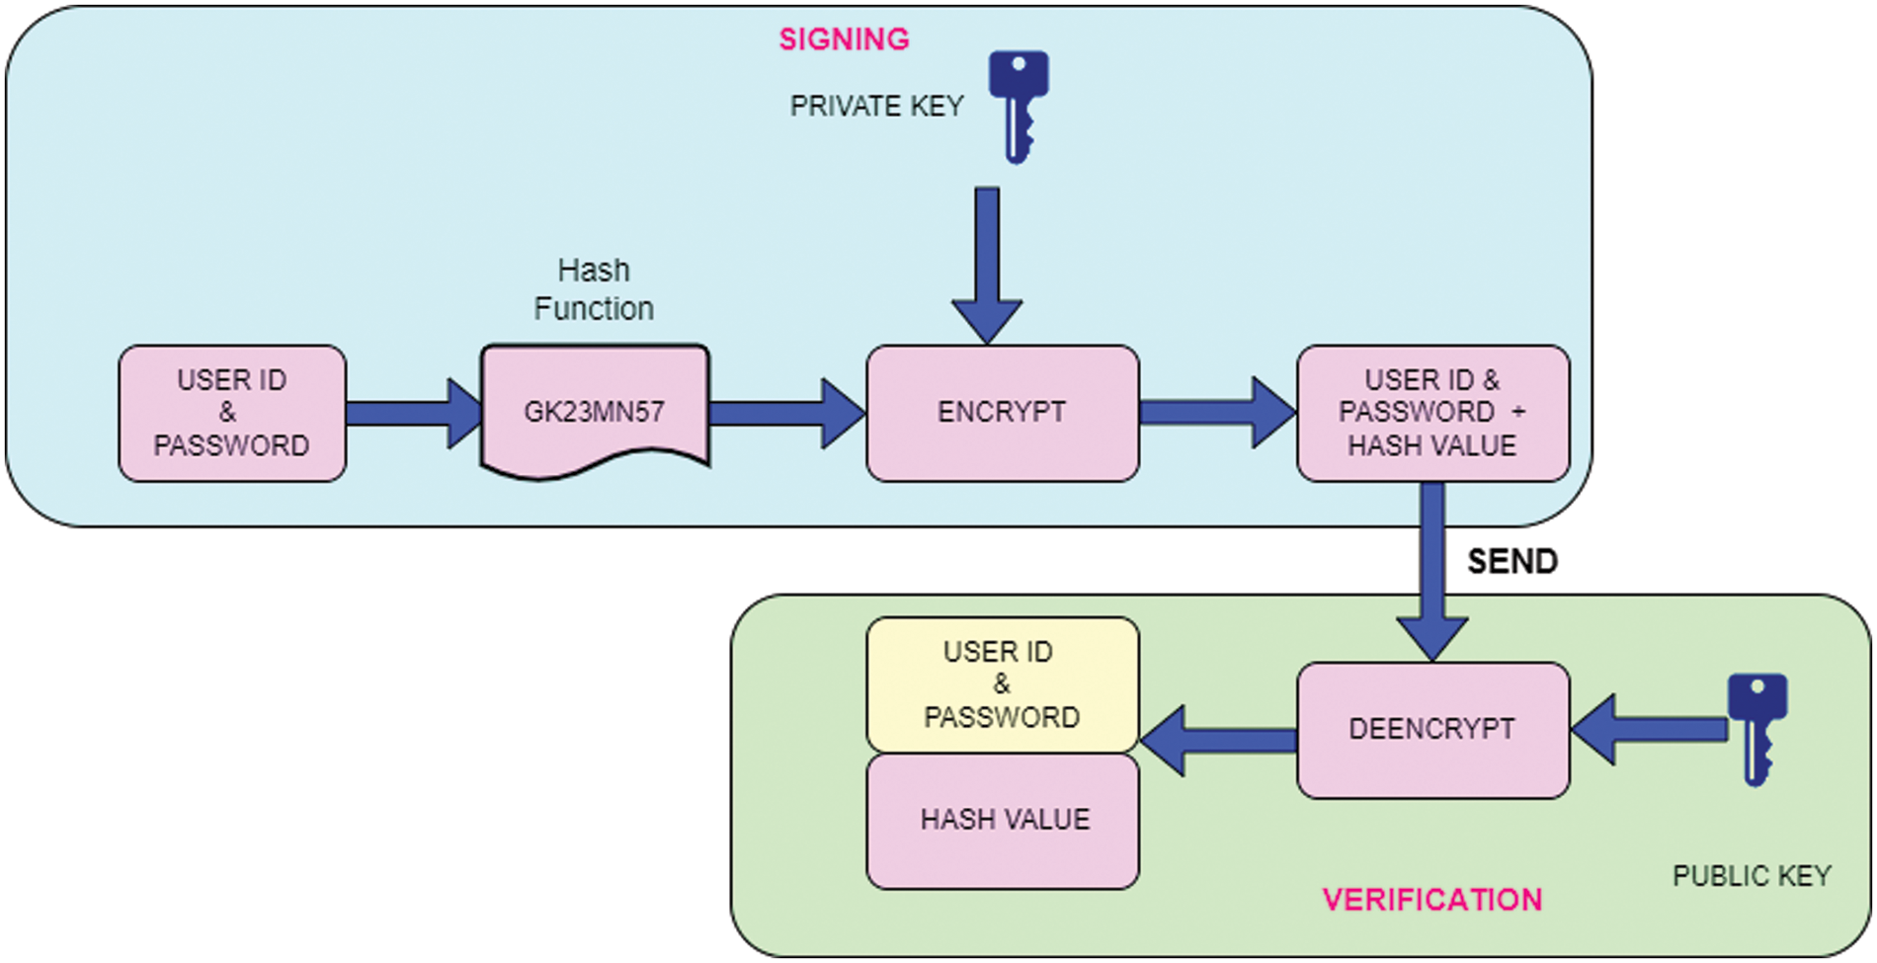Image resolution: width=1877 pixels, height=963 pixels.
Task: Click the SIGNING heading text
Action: click(x=844, y=40)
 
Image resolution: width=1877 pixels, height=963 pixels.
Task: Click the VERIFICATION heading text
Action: click(x=1431, y=900)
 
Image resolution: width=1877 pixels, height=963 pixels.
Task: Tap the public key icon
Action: click(x=1756, y=727)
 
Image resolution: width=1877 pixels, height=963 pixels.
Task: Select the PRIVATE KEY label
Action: click(x=876, y=107)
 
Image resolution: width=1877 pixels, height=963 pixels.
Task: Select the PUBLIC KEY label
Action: click(x=1752, y=876)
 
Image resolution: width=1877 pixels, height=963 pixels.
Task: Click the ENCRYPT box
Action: click(x=1002, y=413)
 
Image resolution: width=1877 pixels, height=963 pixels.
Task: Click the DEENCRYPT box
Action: click(x=1431, y=730)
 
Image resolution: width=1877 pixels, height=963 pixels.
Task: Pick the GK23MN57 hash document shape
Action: click(x=594, y=411)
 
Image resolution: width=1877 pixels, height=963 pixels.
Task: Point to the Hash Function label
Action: click(x=594, y=289)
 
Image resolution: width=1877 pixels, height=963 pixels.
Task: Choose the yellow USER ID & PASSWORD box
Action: click(x=1002, y=684)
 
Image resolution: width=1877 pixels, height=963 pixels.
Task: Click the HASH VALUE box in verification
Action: click(x=1004, y=820)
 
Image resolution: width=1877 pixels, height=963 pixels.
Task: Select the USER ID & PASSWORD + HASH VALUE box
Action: click(x=1431, y=413)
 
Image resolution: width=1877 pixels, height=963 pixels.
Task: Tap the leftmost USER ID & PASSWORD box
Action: click(x=231, y=413)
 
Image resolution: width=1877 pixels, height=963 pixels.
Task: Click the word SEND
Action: click(x=1511, y=562)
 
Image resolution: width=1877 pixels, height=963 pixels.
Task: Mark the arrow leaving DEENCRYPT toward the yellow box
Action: click(x=1219, y=740)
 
